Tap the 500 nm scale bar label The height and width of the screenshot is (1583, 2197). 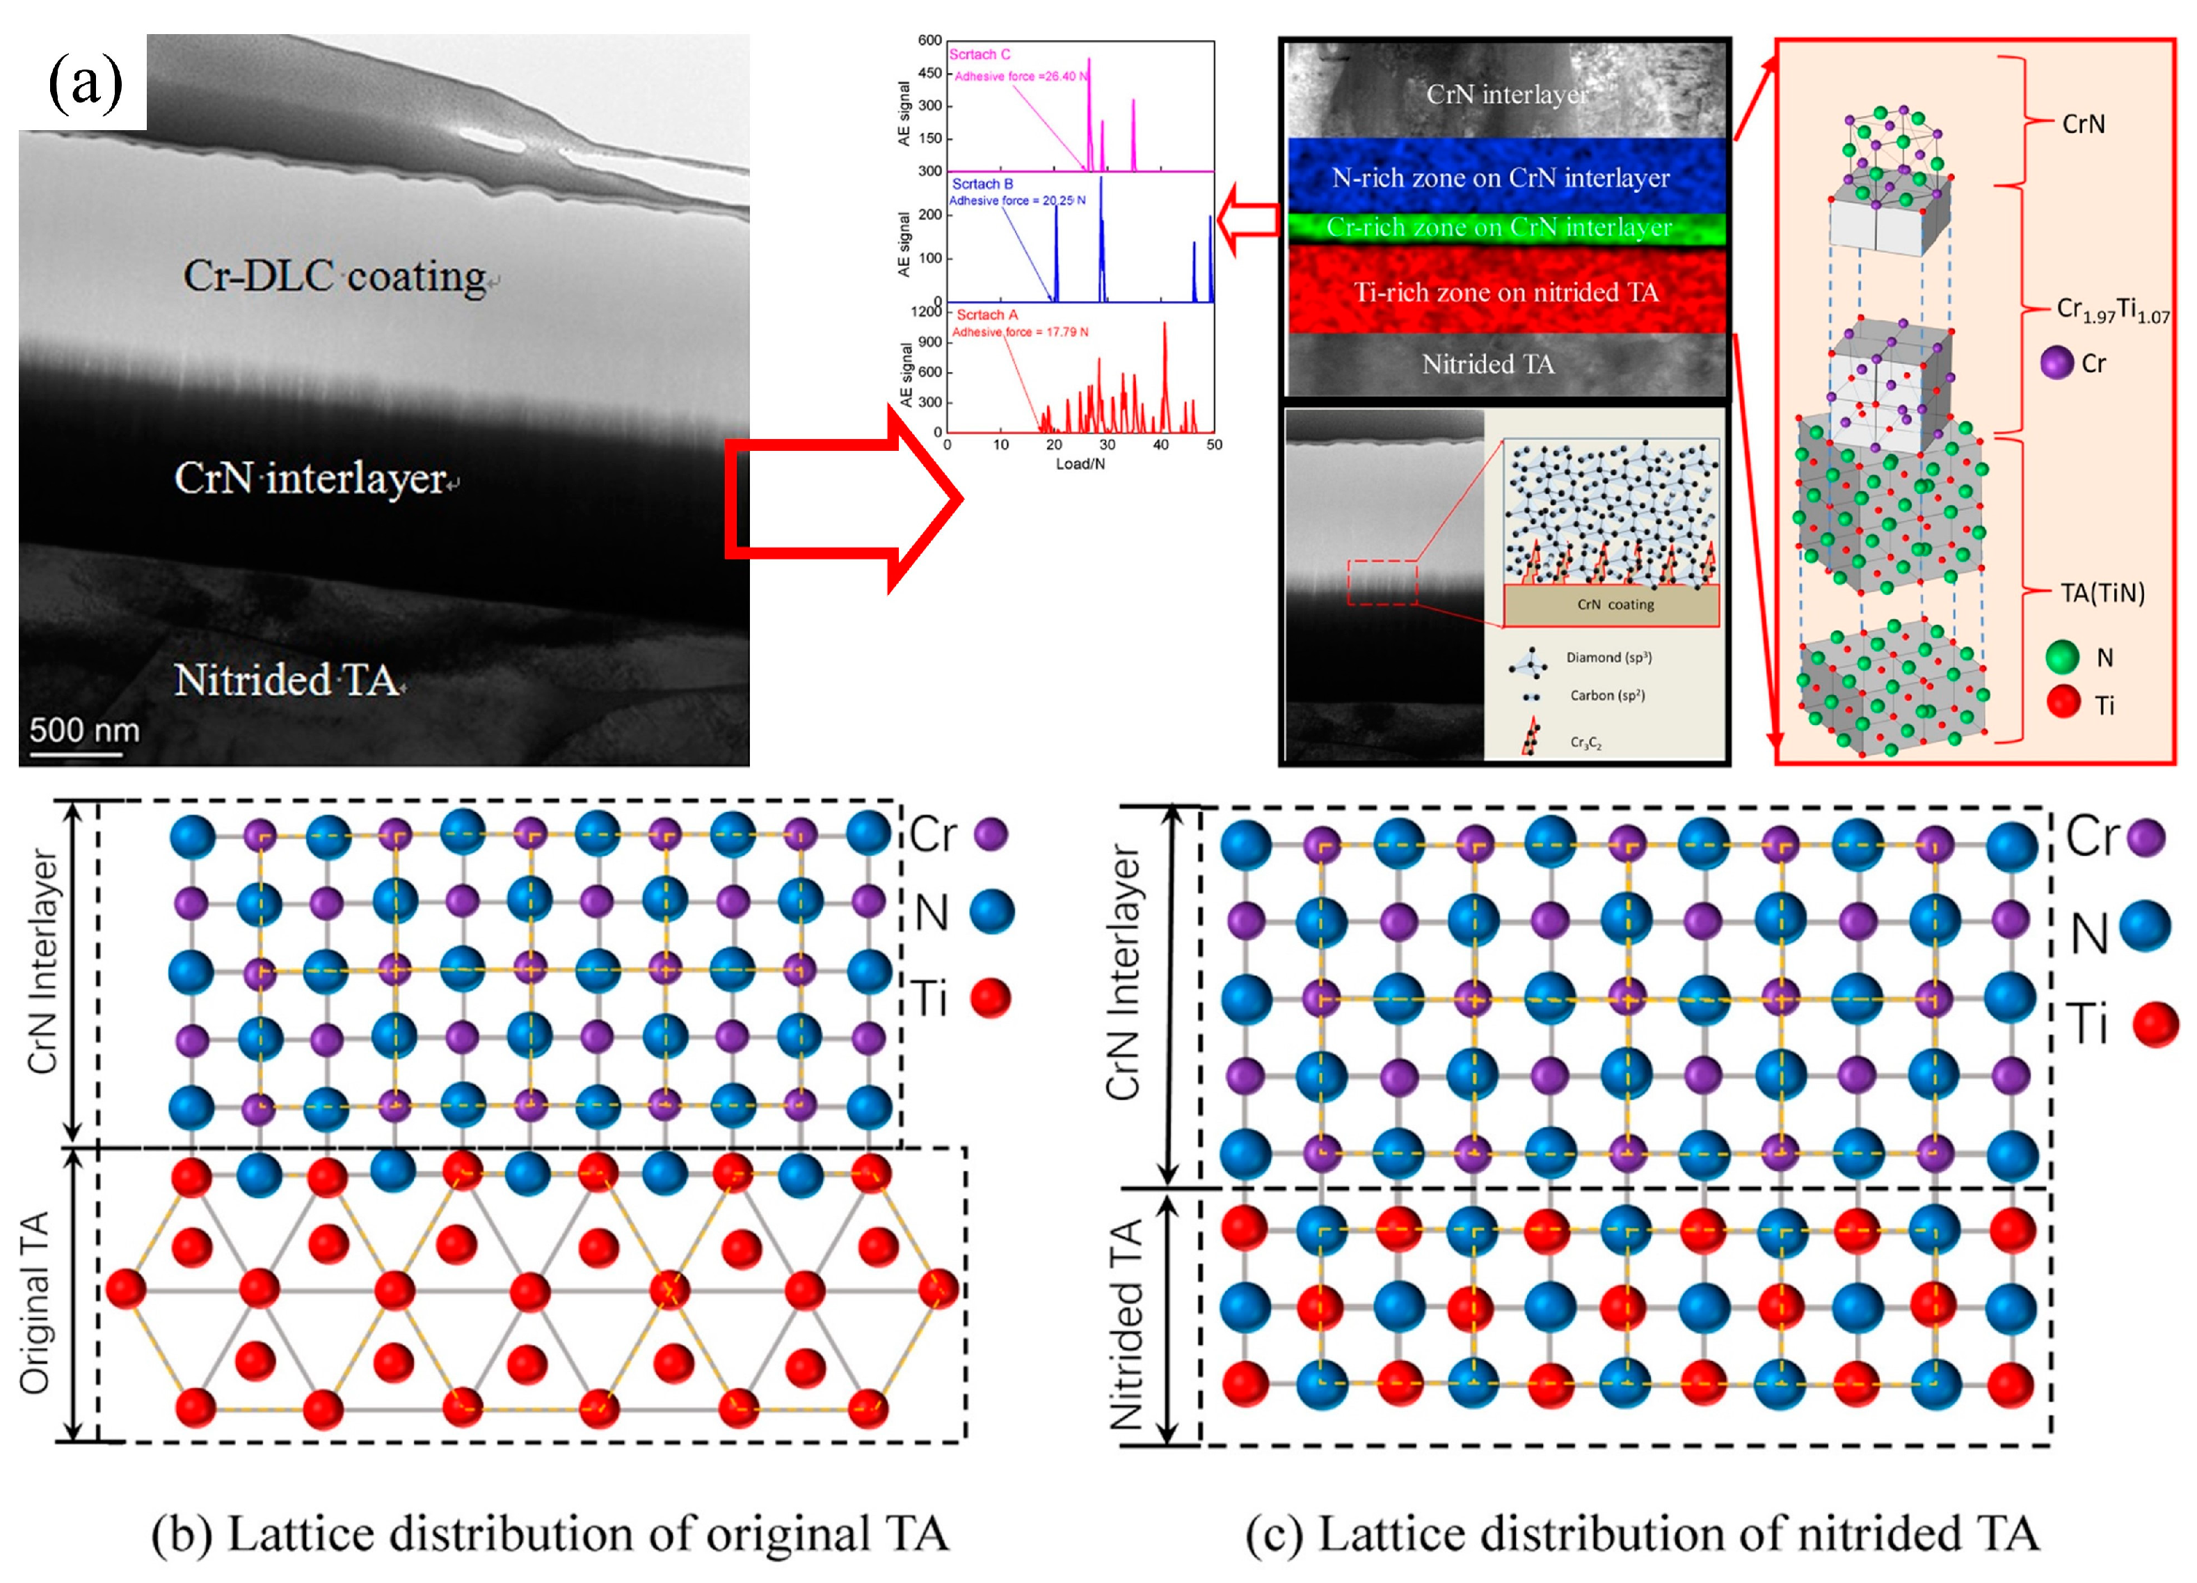84,729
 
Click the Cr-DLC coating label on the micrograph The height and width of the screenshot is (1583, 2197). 334,276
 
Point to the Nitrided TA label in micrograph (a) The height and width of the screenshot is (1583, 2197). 287,679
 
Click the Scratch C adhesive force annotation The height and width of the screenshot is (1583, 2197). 1021,77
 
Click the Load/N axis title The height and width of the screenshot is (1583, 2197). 1080,464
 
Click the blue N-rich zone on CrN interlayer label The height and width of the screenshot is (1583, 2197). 1501,178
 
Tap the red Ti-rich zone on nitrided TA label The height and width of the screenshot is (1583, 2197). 1505,292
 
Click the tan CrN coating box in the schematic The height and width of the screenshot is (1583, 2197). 1611,605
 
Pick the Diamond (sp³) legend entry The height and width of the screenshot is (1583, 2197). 1608,658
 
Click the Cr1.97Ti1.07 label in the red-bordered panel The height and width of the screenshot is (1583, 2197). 2111,310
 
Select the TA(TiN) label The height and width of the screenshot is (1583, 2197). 2102,593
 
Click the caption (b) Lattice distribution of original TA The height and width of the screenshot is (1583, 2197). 550,1534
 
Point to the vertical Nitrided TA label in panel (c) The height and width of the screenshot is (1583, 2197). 1126,1324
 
